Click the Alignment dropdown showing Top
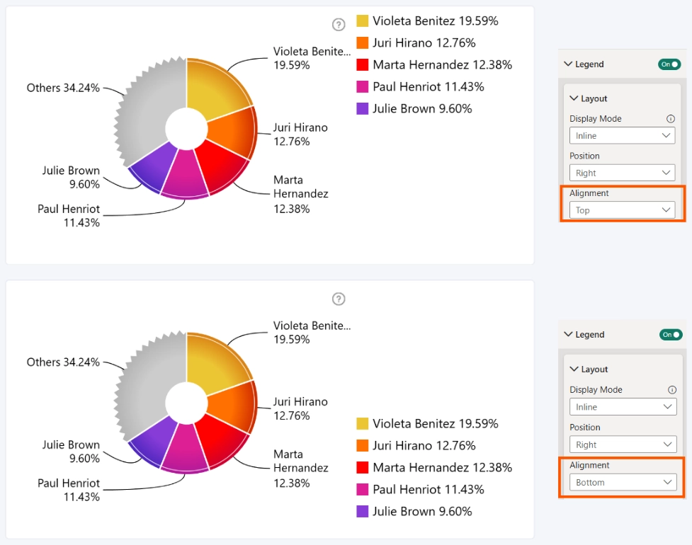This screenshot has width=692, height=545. click(x=623, y=210)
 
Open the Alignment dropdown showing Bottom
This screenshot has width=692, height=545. click(x=623, y=483)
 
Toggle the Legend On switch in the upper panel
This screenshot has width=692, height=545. click(x=669, y=64)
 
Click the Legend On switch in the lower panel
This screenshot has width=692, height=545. click(x=671, y=335)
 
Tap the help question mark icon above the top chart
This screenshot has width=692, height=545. click(x=339, y=25)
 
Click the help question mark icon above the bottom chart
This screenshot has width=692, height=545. click(x=339, y=299)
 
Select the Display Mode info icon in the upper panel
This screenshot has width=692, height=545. click(x=670, y=119)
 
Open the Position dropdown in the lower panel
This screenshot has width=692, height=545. click(x=623, y=444)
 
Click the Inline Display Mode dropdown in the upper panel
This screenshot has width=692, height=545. click(x=623, y=135)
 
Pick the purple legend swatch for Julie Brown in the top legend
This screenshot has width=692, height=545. click(x=363, y=108)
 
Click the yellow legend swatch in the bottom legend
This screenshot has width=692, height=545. click(x=363, y=423)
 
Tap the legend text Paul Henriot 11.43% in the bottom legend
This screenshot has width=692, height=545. click(x=429, y=490)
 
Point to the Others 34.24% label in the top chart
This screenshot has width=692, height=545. click(x=63, y=88)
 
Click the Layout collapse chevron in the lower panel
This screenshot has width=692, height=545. click(x=574, y=369)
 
